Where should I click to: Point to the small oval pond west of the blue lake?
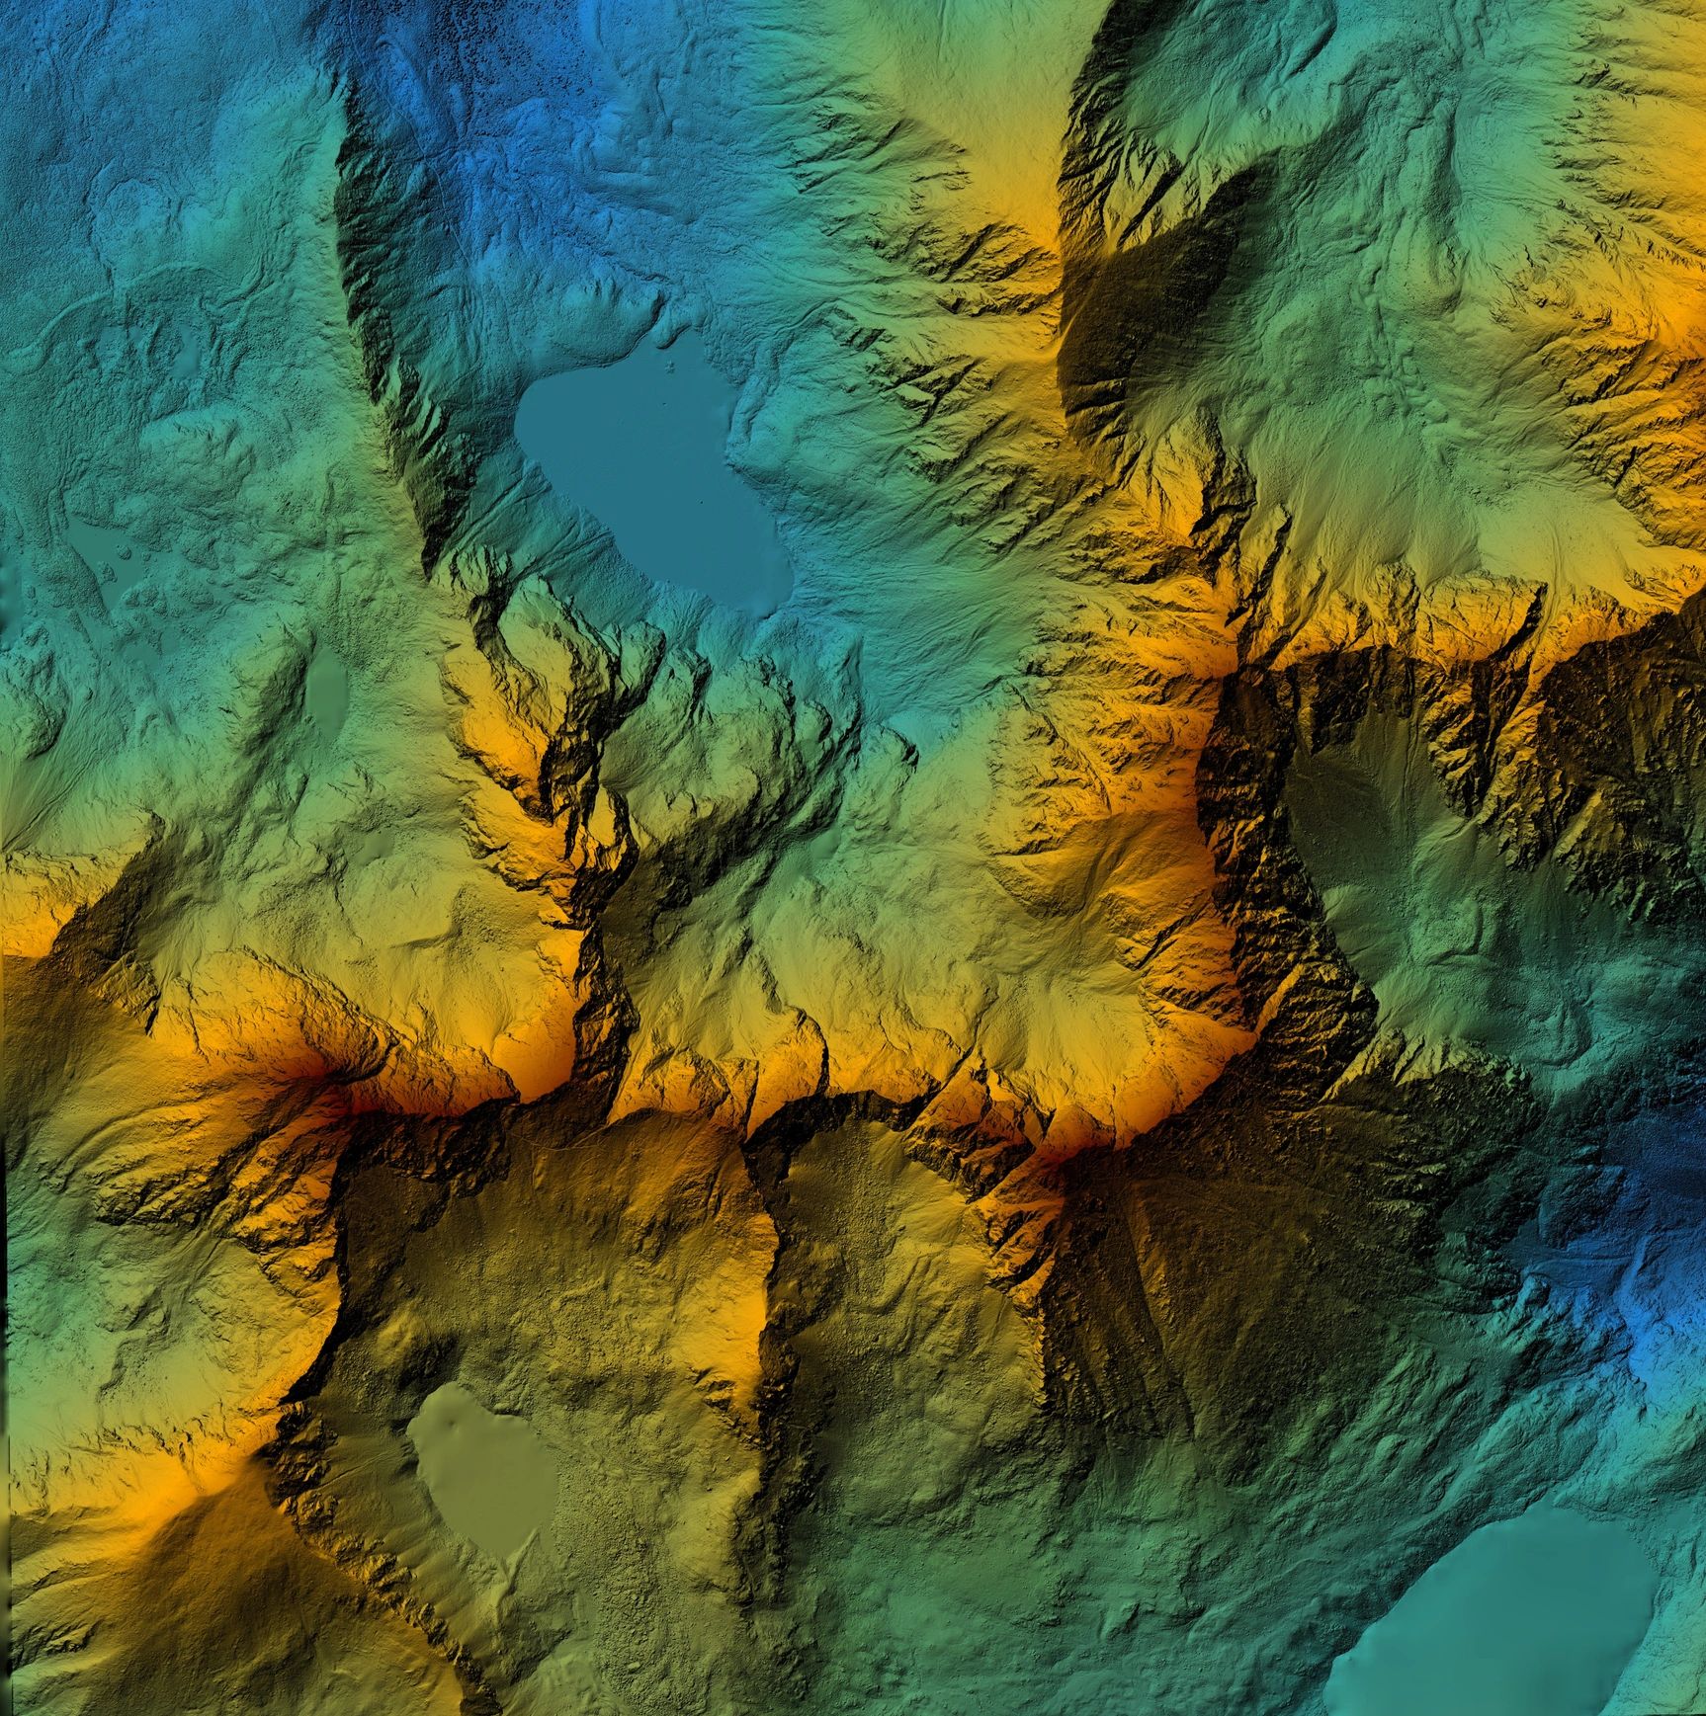coord(326,682)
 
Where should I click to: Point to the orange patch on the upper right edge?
coord(1680,326)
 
